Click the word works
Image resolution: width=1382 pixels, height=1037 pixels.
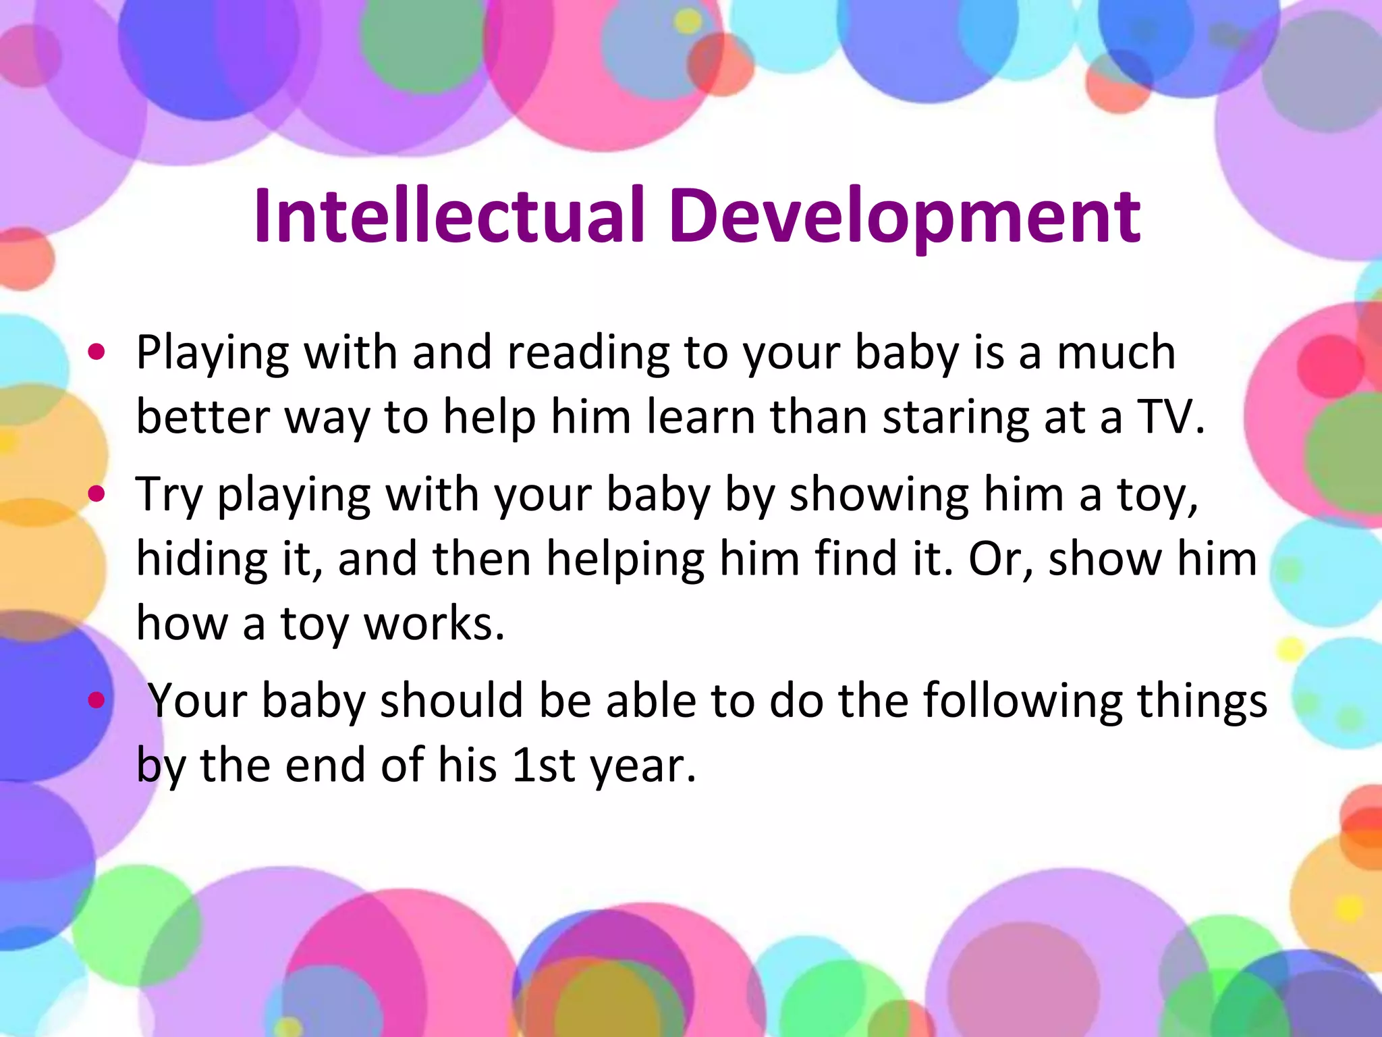(x=434, y=622)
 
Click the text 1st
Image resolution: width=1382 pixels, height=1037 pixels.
(x=543, y=765)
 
